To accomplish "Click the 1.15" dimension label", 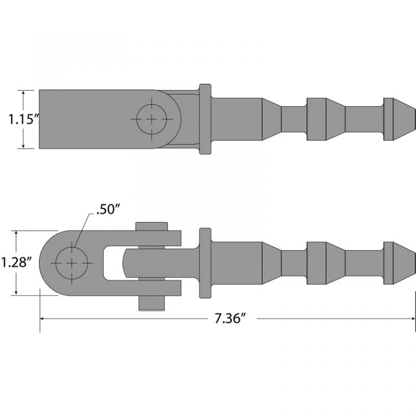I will pyautogui.click(x=22, y=119).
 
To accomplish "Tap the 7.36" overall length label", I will pyautogui.click(x=227, y=319).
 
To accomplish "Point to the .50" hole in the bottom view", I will pyautogui.click(x=71, y=263).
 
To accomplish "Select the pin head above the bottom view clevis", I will pyautogui.click(x=151, y=226).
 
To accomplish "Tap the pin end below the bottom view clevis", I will pyautogui.click(x=151, y=303).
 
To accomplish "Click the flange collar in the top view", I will pyautogui.click(x=205, y=119).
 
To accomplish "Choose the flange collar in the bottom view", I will pyautogui.click(x=205, y=263).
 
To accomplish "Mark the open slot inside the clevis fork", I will pyautogui.click(x=113, y=263).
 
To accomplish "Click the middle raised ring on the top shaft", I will pyautogui.click(x=317, y=119).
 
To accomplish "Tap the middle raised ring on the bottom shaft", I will pyautogui.click(x=317, y=263).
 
